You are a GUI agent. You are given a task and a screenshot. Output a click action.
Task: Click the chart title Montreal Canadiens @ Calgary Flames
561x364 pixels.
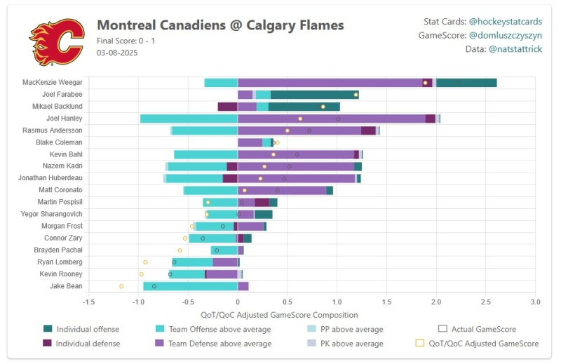(220, 25)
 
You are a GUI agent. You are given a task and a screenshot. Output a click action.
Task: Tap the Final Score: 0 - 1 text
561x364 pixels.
(126, 40)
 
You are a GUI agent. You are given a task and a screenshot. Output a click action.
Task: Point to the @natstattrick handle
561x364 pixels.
(515, 49)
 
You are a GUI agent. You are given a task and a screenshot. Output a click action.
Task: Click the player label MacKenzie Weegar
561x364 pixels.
(53, 83)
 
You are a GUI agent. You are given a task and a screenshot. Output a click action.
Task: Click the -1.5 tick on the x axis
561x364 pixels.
(89, 301)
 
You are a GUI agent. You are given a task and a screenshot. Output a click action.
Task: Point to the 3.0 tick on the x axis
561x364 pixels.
(535, 301)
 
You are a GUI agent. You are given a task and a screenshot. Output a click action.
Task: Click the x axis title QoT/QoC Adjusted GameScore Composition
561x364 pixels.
(279, 315)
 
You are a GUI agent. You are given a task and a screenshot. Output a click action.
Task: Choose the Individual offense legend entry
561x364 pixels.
(88, 329)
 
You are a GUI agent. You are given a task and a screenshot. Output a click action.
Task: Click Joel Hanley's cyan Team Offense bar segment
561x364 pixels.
(189, 119)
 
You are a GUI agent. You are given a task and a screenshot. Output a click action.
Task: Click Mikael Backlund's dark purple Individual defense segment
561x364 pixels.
(227, 107)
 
